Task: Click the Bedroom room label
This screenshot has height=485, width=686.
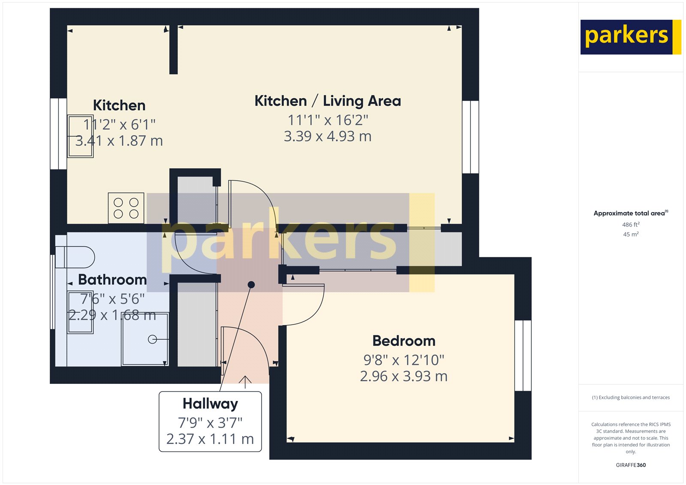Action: point(403,341)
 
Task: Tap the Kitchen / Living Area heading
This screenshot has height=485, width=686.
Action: point(328,101)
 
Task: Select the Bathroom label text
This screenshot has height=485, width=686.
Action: point(112,280)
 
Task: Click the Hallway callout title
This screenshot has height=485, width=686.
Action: point(210,404)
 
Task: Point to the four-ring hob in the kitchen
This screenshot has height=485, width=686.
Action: point(126,208)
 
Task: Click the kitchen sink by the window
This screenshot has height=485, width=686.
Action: point(80,136)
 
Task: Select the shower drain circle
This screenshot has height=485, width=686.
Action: point(152,339)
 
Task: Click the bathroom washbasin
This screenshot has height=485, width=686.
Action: point(81,312)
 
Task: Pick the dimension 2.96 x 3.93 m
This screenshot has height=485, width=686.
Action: point(403,376)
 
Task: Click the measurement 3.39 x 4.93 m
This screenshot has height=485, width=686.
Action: point(328,136)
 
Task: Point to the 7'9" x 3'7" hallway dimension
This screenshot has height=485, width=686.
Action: point(210,423)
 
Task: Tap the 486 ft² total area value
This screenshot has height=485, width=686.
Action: point(631,225)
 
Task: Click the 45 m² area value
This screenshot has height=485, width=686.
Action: point(631,234)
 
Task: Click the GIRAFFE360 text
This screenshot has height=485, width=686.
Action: point(631,465)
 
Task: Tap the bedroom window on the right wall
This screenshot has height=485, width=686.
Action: point(523,355)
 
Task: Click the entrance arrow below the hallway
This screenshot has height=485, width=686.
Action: point(245,381)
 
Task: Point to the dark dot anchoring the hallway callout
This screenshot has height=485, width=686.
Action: point(251,285)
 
